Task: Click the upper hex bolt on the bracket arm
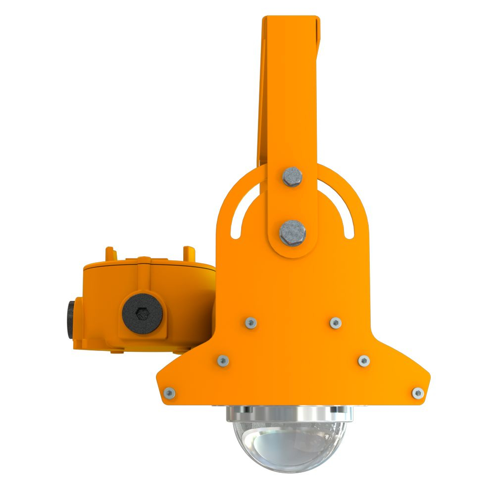[x=292, y=176]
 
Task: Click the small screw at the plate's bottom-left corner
[x=169, y=393]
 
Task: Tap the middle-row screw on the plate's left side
[x=223, y=360]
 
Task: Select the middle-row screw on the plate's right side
[x=364, y=360]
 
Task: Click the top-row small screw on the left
[x=250, y=323]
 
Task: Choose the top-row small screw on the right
[x=336, y=323]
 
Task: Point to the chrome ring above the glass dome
[x=290, y=413]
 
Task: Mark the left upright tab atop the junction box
[x=110, y=253]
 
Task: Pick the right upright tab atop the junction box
[x=189, y=253]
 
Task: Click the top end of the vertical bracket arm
[x=291, y=22]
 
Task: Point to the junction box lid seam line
[x=148, y=270]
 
